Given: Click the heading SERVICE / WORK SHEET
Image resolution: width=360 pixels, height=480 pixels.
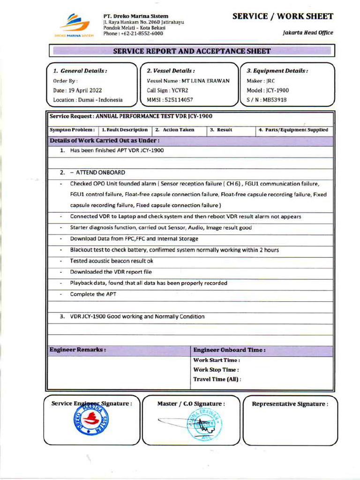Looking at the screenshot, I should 283,16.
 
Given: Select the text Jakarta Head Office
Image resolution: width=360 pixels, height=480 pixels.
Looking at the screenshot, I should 308,33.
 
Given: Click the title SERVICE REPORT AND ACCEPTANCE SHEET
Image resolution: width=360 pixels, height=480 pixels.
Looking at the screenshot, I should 192,51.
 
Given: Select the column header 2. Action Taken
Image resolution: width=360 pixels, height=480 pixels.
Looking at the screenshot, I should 175,130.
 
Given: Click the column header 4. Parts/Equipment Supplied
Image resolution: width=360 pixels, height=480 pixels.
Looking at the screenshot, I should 293,130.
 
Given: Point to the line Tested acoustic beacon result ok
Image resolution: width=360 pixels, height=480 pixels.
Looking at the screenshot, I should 112,261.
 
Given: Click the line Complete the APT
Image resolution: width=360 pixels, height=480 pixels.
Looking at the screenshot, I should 93,294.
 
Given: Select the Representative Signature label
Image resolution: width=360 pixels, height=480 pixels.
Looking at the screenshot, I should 290,404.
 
